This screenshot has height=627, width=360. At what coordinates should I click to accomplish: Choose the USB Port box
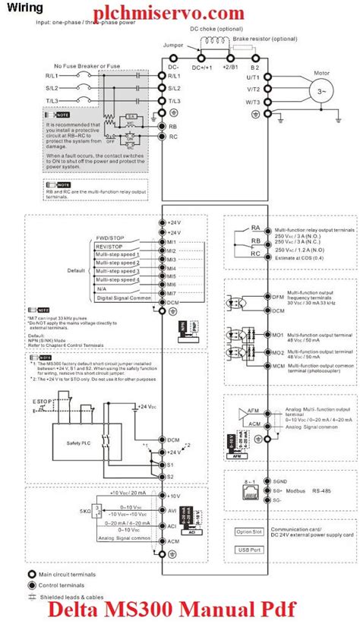pos(248,549)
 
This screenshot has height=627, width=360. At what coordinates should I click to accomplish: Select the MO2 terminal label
pos(278,352)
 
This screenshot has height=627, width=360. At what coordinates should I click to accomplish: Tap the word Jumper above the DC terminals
pos(173,46)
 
